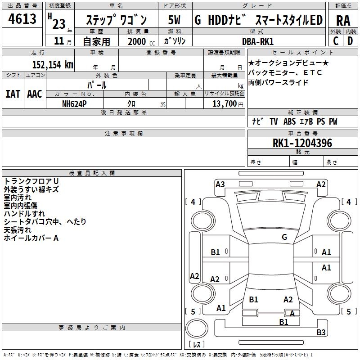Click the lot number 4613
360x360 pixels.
pos(22,19)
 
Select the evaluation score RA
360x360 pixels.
pos(342,21)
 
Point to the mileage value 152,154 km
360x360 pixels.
pos(53,65)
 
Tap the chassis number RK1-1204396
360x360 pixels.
pos(302,144)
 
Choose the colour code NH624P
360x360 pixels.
pos(74,104)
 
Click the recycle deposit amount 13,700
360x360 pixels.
pos(222,104)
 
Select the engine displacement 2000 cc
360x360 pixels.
pos(138,41)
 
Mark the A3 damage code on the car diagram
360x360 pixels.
pos(220,184)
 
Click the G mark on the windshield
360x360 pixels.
pos(284,237)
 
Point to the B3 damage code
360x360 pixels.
pos(321,333)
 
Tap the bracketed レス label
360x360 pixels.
pos(197,345)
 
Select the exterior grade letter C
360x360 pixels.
pos(336,41)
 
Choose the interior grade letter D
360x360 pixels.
pos(350,41)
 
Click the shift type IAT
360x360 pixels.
pos(13,94)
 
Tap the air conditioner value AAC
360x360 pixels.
pos(35,94)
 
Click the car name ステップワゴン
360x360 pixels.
pos(116,21)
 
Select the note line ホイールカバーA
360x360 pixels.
pos(31,238)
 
